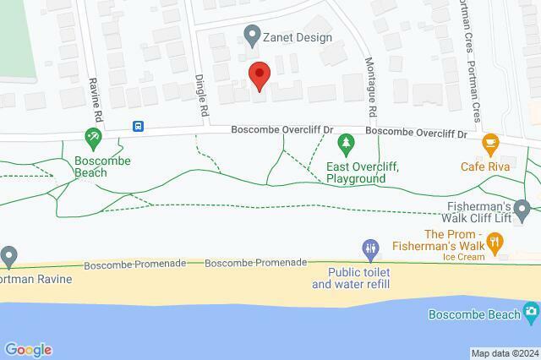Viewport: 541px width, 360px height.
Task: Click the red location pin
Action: point(259,75)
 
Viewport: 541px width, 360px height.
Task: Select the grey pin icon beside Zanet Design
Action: point(251,35)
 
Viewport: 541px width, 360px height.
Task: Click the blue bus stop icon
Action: point(138,127)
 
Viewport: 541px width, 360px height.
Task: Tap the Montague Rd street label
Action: point(371,89)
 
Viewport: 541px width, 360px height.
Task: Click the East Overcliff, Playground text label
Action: point(362,173)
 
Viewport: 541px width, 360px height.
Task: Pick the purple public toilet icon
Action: point(370,248)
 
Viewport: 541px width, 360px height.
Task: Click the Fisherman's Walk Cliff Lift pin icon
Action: point(522,208)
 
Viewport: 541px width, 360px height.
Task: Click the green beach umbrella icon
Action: point(94,136)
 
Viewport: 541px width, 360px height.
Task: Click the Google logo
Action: point(28,350)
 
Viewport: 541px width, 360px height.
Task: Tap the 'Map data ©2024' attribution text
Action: point(504,353)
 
